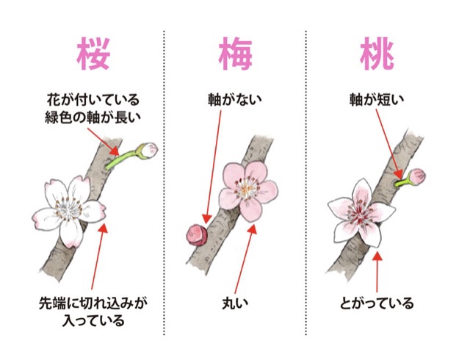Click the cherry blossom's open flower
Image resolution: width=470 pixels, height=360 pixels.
[x=67, y=209]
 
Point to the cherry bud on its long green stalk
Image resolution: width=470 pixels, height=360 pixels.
[x=149, y=150]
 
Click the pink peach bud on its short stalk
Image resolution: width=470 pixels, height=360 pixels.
[x=417, y=176]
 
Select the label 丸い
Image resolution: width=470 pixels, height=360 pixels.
[x=236, y=302]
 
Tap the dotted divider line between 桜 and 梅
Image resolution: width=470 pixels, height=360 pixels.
[x=164, y=184]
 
